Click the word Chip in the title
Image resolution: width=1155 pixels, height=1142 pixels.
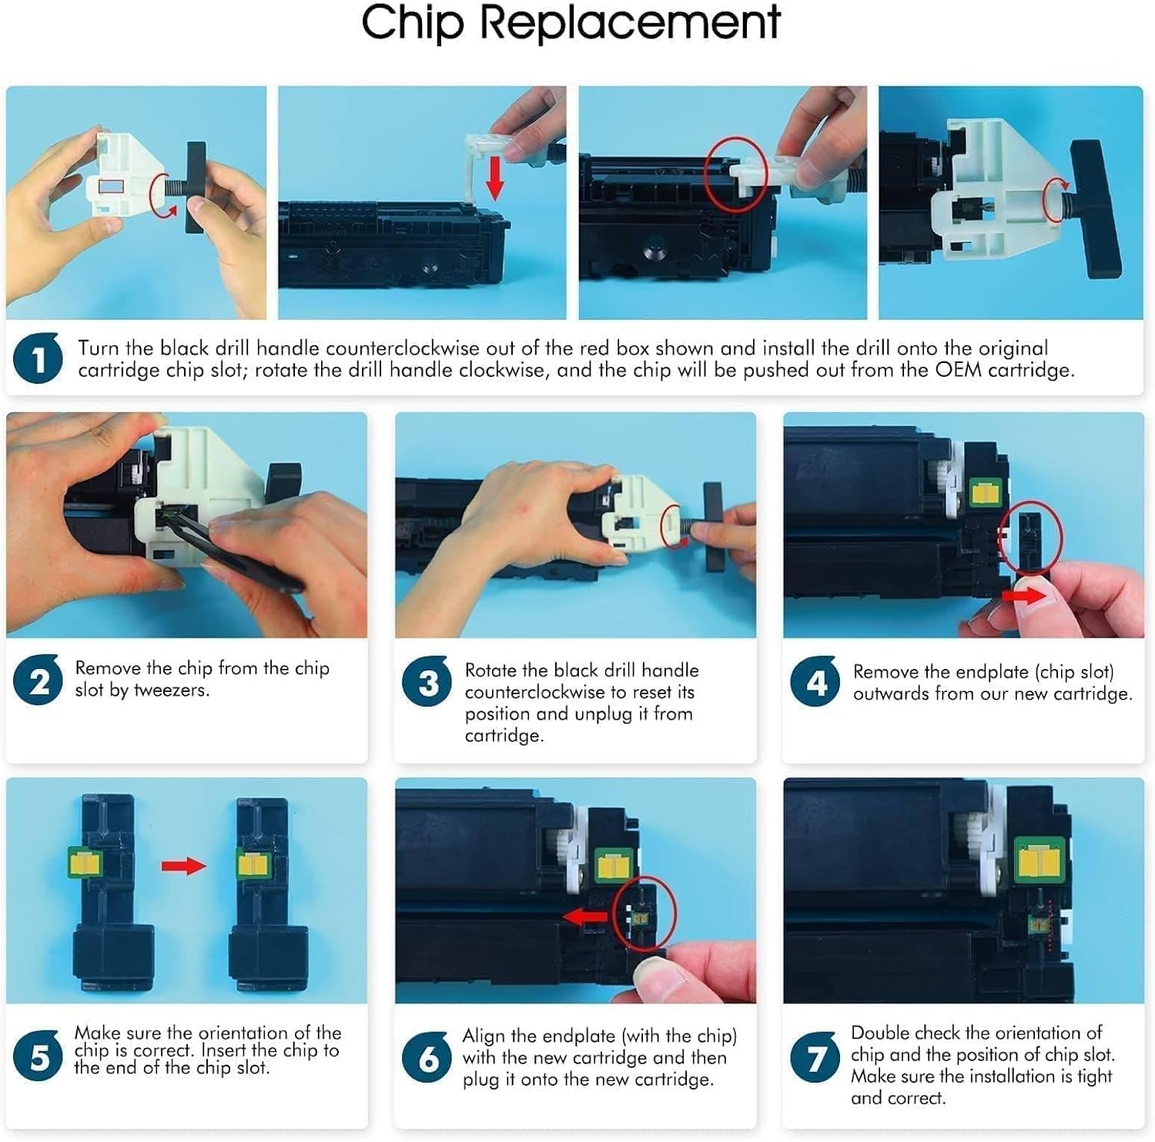click(413, 23)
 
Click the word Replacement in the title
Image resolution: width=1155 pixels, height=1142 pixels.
click(631, 23)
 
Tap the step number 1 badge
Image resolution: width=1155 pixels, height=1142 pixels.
click(38, 358)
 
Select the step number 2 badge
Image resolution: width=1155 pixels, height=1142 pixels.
click(38, 680)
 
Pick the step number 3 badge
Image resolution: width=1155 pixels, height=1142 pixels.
click(427, 681)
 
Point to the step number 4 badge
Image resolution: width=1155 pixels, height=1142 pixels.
click(815, 681)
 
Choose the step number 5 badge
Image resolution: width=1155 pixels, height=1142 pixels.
click(38, 1056)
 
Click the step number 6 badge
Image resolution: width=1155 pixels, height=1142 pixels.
click(427, 1057)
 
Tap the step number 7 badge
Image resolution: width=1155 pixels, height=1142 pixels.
click(815, 1057)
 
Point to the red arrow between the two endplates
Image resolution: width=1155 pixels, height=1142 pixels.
click(183, 866)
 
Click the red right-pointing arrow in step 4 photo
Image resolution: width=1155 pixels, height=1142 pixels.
click(1024, 595)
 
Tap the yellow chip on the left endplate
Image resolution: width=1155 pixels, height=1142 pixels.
click(85, 862)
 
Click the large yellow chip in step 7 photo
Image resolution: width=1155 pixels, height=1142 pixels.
click(1039, 858)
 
